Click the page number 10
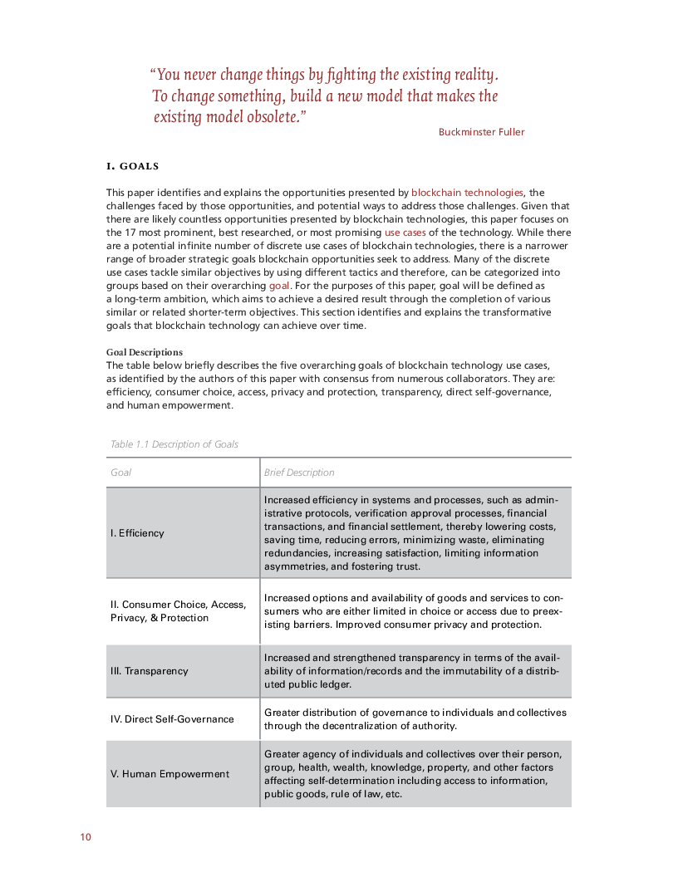(x=85, y=836)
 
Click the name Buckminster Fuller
(x=482, y=132)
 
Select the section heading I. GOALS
(x=132, y=166)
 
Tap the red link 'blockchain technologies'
(x=467, y=193)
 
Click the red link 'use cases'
(x=405, y=233)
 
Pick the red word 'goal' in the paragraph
(x=279, y=286)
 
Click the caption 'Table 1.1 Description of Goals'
(x=174, y=444)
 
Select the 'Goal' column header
(x=121, y=473)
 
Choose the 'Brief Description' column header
(x=299, y=473)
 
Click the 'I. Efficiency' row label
(x=137, y=533)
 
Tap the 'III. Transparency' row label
(x=150, y=671)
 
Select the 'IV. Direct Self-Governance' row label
(x=172, y=719)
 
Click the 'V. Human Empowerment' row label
(x=169, y=774)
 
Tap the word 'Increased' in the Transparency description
(x=287, y=658)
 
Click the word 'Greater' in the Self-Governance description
(x=282, y=713)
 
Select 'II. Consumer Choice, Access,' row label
(x=177, y=605)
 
